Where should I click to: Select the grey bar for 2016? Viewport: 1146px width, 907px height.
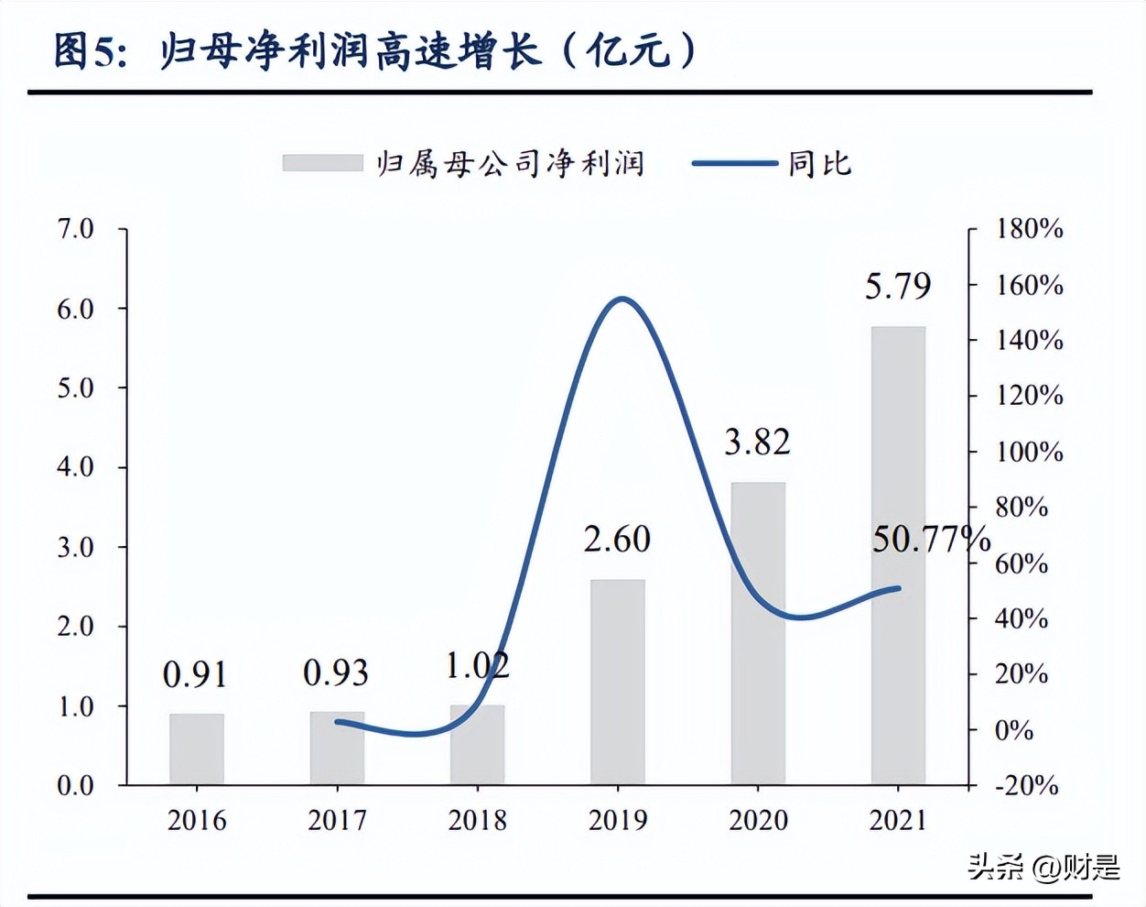point(197,749)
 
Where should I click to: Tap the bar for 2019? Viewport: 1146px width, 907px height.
point(618,682)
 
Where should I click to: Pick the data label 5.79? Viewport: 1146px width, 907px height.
point(898,287)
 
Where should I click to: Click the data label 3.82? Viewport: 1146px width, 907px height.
point(757,443)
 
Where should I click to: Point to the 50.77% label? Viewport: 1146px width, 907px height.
point(930,540)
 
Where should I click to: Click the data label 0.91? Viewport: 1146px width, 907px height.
point(195,675)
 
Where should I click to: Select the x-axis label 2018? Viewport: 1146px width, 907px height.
point(477,820)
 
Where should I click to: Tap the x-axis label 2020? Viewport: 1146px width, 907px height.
point(758,820)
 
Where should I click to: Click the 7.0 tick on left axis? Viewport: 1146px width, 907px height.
point(75,229)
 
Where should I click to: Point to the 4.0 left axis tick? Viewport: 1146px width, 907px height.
point(75,467)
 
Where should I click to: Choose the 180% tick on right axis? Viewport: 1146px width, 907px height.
point(1030,229)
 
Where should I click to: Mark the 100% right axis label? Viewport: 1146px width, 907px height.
point(1030,452)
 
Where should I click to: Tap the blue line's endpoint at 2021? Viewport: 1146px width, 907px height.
point(898,588)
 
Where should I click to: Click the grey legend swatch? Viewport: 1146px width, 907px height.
point(322,163)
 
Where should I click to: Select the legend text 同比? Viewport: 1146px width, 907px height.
point(820,164)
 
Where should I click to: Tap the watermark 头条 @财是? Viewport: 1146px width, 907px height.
point(1043,867)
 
